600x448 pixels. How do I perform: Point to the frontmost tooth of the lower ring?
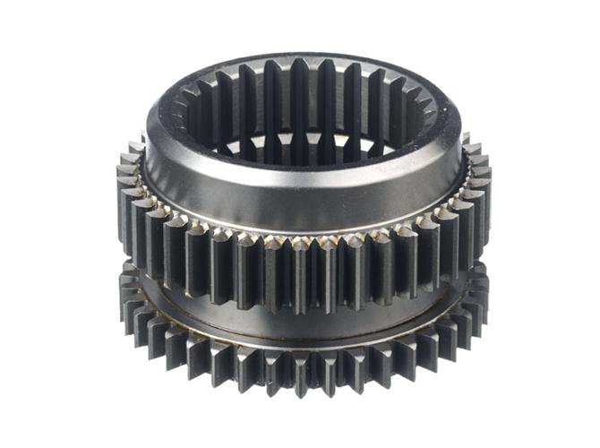pyautogui.click(x=301, y=376)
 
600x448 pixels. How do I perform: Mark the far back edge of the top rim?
pyautogui.click(x=301, y=56)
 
